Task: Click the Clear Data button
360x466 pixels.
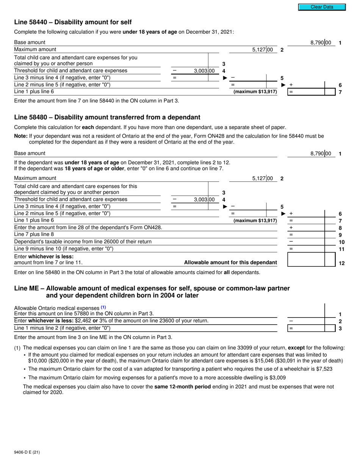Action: coord(322,7)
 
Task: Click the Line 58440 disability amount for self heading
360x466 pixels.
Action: coord(73,22)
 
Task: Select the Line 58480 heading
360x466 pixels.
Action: coord(107,117)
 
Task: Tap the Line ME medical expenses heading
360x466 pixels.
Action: coord(152,292)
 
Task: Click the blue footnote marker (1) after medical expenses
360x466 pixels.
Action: coord(103,308)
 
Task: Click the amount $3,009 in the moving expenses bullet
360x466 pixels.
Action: coord(278,377)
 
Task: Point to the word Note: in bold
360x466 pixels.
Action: coord(20,136)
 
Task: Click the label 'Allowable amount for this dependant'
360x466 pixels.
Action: coord(230,263)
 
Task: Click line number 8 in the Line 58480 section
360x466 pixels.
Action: coord(340,228)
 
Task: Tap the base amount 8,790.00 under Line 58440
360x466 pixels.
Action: coord(320,43)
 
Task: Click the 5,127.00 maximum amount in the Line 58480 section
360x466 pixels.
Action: coord(262,178)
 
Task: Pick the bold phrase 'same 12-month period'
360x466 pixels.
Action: coord(182,387)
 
